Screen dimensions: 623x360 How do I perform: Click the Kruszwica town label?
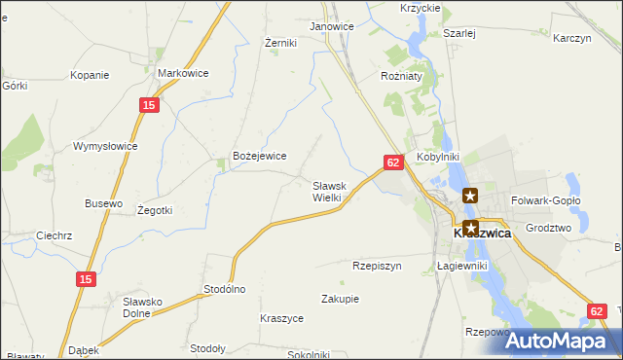pos(482,234)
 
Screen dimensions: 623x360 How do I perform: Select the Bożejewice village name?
pos(258,156)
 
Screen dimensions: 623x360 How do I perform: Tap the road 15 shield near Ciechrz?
pos(86,279)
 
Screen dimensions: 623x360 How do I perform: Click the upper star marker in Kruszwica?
pos(470,196)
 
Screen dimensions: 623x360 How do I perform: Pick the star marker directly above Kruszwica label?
pos(470,229)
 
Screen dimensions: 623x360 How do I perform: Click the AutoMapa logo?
pos(565,342)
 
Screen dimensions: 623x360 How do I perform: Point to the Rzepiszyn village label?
pos(377,265)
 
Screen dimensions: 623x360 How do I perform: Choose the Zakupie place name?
pos(340,299)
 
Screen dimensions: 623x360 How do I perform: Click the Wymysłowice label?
pos(105,146)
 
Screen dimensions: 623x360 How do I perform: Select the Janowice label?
pos(331,26)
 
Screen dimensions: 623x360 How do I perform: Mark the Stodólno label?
pos(224,289)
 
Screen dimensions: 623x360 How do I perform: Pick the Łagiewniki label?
pos(461,265)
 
